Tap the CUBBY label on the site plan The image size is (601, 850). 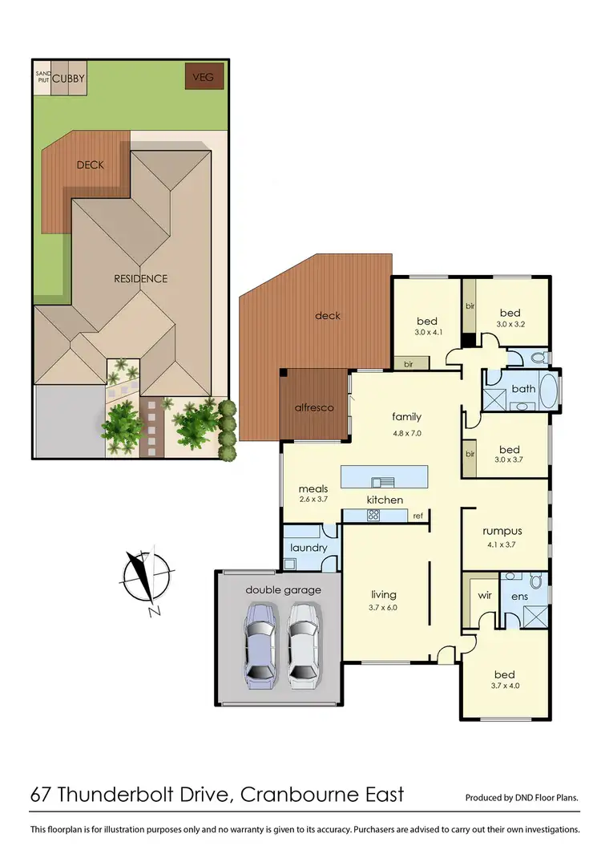[x=69, y=78]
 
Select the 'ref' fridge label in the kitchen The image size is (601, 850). [x=417, y=516]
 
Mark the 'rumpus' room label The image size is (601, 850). [x=502, y=530]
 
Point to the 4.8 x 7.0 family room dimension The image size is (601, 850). [x=406, y=432]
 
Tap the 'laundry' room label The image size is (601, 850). [x=309, y=548]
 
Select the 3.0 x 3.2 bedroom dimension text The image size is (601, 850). [x=510, y=326]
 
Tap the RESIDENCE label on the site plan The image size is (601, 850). [x=140, y=278]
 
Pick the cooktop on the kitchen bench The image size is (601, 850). [x=373, y=516]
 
